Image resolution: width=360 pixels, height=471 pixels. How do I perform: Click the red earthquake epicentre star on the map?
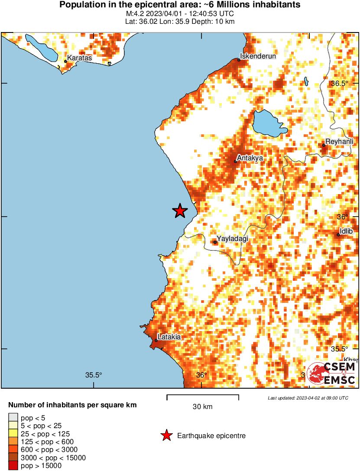[180, 211]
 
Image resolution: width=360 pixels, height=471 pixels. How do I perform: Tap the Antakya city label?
[250, 158]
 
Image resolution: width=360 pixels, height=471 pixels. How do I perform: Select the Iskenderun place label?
[258, 56]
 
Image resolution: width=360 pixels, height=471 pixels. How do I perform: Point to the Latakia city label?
[169, 337]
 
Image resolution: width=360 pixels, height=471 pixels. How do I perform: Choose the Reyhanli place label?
[339, 141]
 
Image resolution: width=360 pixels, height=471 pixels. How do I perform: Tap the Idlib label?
[346, 231]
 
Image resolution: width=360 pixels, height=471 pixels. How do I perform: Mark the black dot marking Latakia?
[156, 341]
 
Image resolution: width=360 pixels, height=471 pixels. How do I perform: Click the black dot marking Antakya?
[236, 162]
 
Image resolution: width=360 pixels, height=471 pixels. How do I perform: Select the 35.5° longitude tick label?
[93, 375]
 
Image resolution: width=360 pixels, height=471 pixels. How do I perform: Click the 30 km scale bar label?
[202, 406]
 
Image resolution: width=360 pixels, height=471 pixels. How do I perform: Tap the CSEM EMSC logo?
[331, 374]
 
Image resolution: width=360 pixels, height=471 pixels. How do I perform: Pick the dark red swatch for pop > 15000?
[13, 466]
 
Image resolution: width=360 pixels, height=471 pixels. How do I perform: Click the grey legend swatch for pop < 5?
[13, 418]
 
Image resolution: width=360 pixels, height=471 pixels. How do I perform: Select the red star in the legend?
[165, 436]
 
